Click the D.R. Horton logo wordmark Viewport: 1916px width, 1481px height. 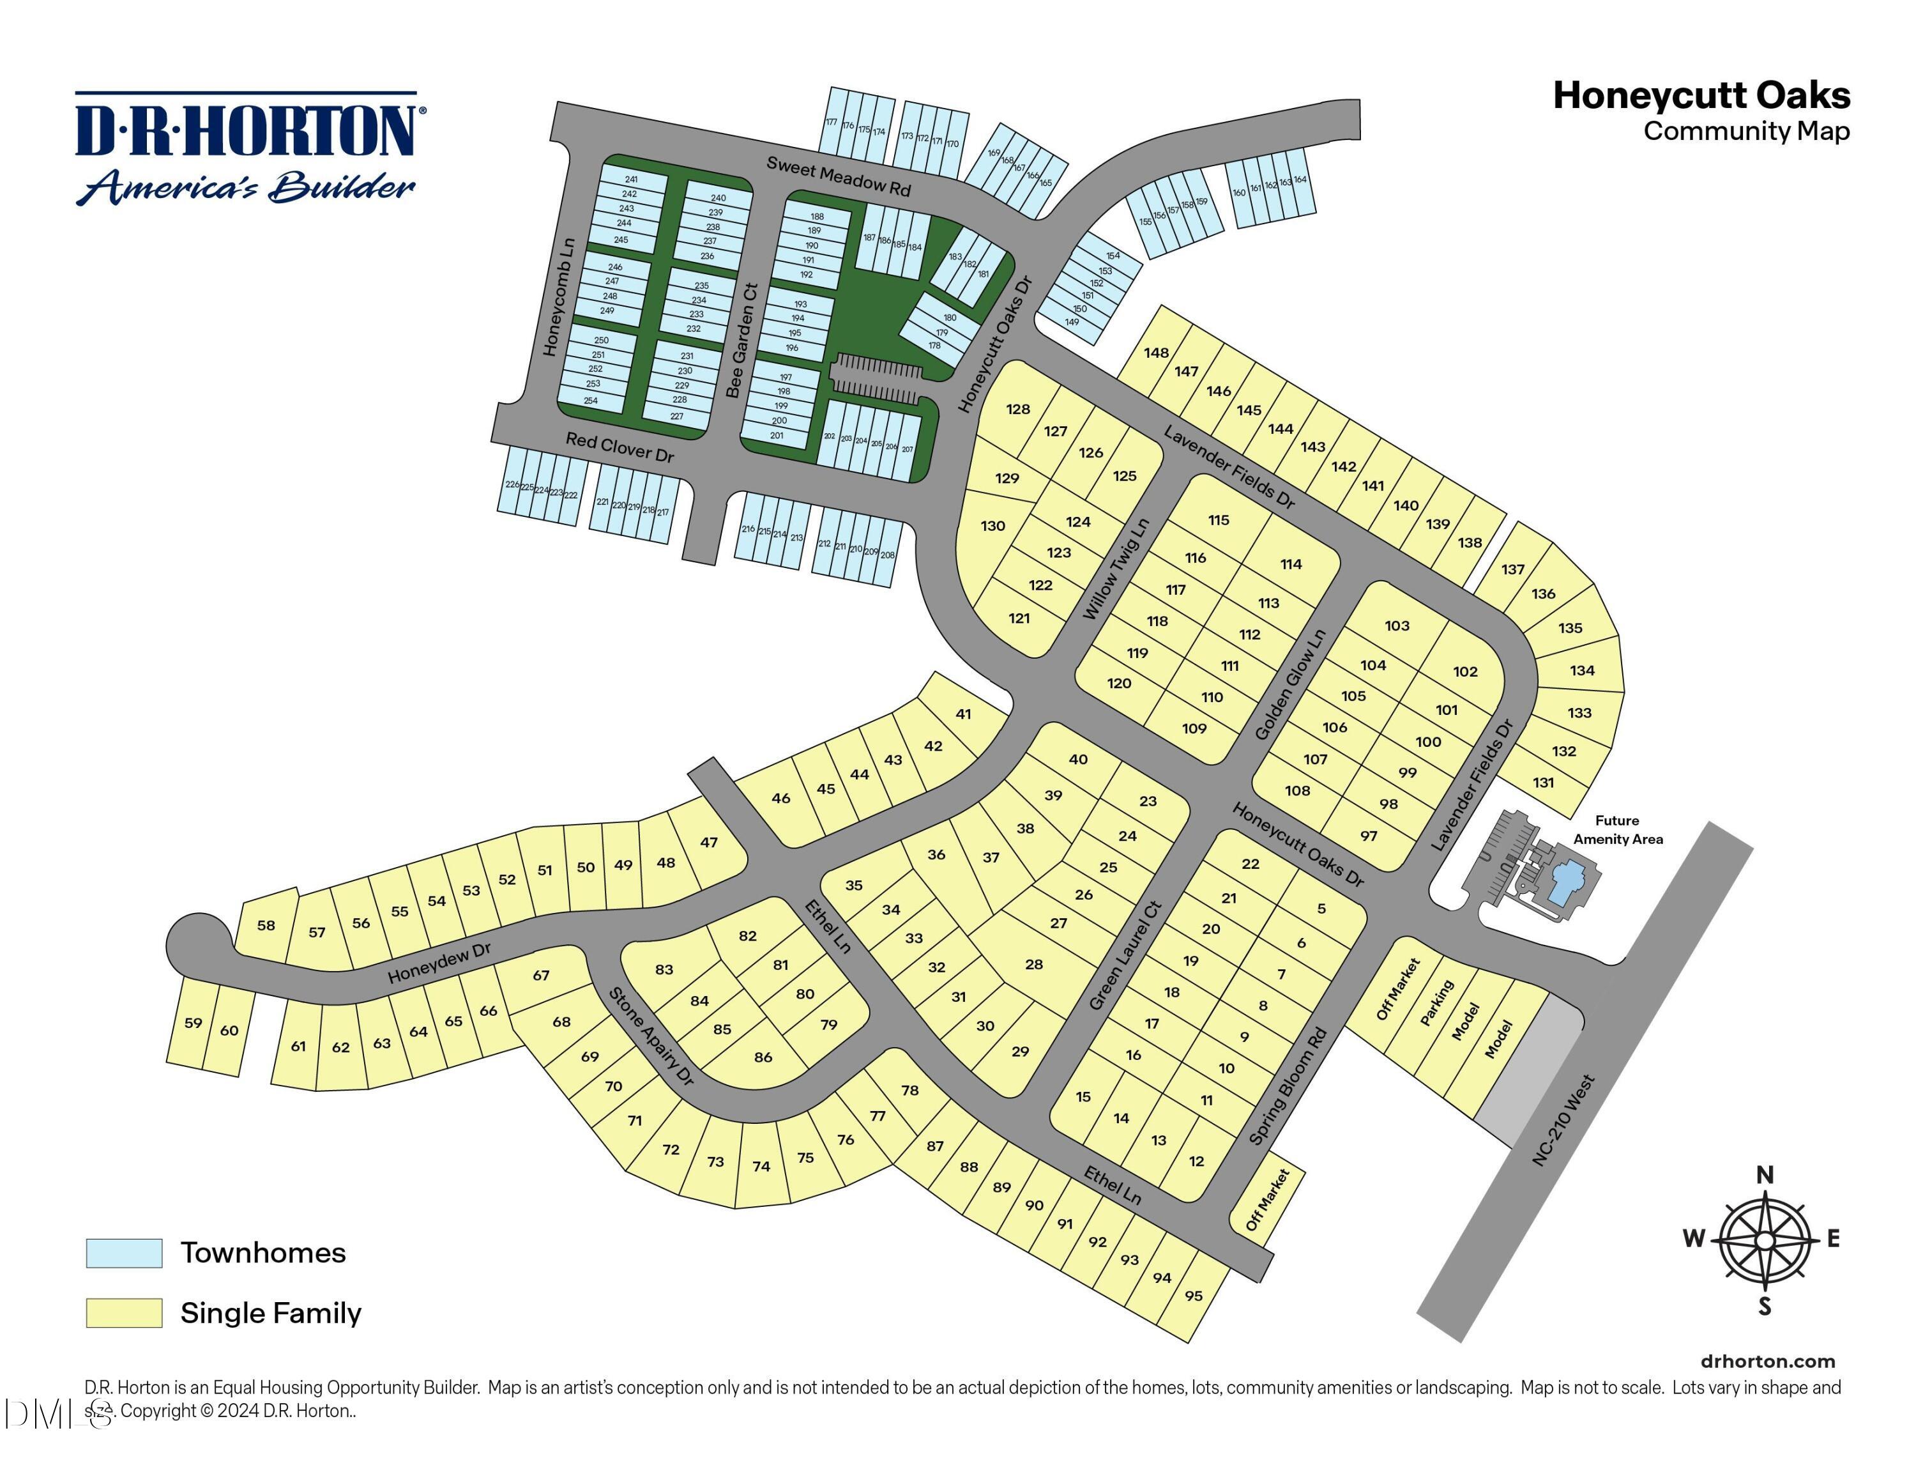(246, 132)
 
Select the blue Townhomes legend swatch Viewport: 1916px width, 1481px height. (124, 1253)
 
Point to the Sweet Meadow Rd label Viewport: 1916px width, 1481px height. (838, 176)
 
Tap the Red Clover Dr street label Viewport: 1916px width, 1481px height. (620, 447)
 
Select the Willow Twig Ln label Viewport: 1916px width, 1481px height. (1115, 571)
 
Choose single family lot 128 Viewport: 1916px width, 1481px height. (1017, 409)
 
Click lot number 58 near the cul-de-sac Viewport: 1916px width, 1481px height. (266, 925)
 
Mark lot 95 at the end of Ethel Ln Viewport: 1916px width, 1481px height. (1193, 1296)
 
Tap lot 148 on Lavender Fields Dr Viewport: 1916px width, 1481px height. (1156, 353)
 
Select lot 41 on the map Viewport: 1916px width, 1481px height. (963, 714)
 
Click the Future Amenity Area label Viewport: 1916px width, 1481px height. (1617, 829)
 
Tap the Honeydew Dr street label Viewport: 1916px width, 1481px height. (439, 963)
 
